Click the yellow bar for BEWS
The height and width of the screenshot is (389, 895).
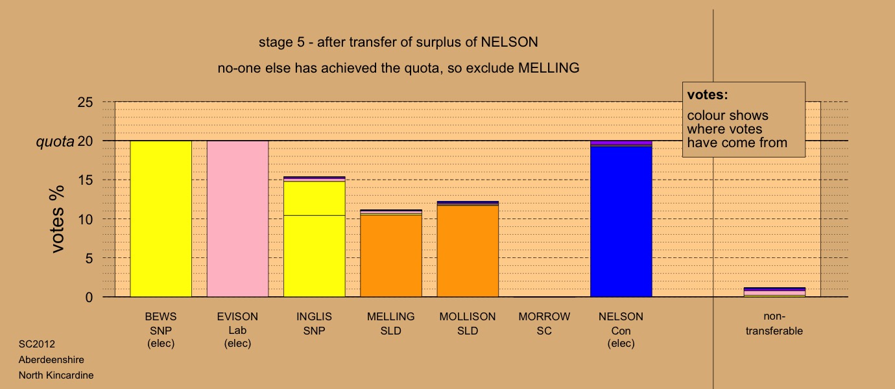pos(161,218)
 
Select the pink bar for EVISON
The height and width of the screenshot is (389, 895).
pos(237,218)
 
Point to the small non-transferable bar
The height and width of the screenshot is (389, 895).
pos(774,292)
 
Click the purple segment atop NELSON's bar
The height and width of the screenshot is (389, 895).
pos(621,143)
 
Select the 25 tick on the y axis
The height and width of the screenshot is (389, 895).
pos(85,102)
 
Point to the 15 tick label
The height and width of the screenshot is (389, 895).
pos(85,180)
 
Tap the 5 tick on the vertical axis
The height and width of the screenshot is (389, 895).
pos(89,259)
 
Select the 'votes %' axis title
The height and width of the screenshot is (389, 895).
pos(57,219)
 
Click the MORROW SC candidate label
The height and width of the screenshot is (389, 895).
pos(544,324)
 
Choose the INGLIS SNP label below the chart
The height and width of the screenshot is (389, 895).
pos(314,324)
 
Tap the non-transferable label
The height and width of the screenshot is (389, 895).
pos(774,324)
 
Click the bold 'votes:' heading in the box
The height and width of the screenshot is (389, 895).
pos(708,95)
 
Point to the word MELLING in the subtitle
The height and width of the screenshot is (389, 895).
pos(549,68)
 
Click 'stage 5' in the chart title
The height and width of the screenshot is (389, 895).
pos(281,42)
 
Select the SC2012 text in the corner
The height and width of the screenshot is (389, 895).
pos(37,344)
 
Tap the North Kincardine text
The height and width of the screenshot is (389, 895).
pos(56,375)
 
